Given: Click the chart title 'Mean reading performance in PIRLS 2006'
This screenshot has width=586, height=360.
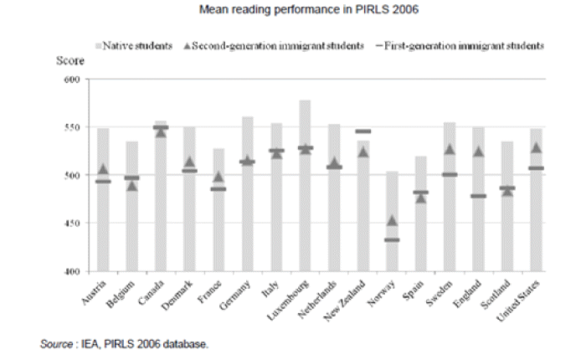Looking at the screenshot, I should click(292, 12).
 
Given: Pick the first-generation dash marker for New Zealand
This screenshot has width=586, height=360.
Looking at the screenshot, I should click(362, 131).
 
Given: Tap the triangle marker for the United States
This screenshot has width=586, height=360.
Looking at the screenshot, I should click(537, 148).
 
